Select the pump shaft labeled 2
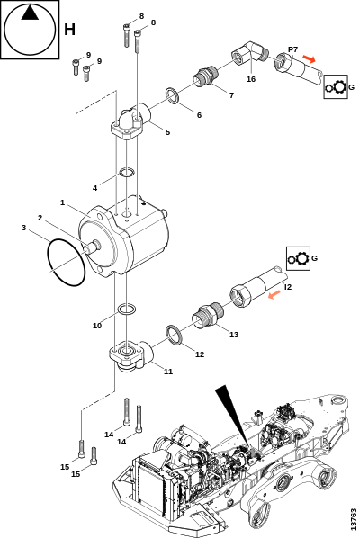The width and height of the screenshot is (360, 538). [x=91, y=247]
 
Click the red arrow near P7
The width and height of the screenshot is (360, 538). [x=310, y=59]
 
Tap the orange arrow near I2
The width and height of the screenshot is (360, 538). [x=274, y=295]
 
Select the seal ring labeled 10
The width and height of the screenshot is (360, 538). [x=127, y=309]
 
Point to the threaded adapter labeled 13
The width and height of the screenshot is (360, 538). [x=207, y=315]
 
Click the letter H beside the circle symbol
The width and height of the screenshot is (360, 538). [x=69, y=30]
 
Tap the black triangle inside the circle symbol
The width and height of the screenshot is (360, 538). [x=30, y=13]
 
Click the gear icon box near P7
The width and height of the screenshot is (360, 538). [x=336, y=86]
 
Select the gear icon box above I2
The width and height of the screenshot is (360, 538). [x=298, y=258]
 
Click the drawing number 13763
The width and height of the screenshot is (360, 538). [x=354, y=519]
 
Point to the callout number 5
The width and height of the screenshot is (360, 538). [x=167, y=132]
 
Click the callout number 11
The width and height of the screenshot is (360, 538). [x=168, y=372]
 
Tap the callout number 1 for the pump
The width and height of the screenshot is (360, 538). [x=62, y=202]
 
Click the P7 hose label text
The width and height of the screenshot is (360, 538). [x=293, y=49]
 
